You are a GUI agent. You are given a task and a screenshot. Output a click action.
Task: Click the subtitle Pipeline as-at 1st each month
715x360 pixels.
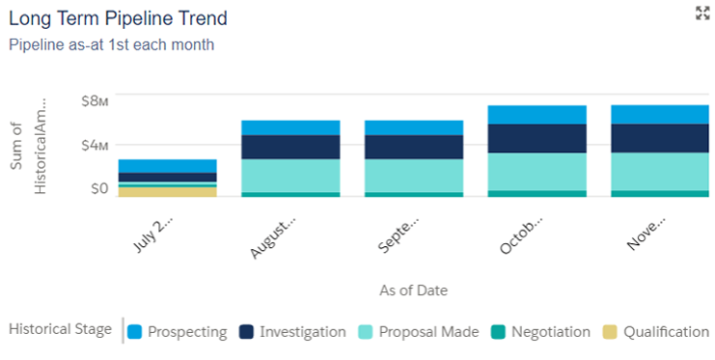[x=111, y=44]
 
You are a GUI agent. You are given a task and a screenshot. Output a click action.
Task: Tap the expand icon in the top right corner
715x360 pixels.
[x=701, y=13]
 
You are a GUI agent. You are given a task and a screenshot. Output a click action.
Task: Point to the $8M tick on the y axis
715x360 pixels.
[x=93, y=99]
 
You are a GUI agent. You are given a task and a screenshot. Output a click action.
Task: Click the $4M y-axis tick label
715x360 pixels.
[x=93, y=145]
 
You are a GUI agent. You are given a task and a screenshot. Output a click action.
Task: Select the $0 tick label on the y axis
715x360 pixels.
[x=98, y=189]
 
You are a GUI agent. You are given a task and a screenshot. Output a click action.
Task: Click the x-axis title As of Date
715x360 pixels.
[x=414, y=290]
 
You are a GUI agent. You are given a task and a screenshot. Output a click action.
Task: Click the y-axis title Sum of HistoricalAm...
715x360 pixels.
[x=28, y=145]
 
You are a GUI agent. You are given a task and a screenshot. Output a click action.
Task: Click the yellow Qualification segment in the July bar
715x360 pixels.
[x=167, y=191]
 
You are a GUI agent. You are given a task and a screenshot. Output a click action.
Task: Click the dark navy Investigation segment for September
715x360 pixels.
[x=414, y=147]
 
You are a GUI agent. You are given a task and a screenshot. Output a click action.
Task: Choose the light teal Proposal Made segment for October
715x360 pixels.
[x=537, y=171]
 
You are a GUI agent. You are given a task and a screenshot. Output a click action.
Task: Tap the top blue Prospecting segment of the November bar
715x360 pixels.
[x=660, y=114]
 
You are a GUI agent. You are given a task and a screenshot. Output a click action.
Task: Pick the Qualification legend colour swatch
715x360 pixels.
[x=610, y=332]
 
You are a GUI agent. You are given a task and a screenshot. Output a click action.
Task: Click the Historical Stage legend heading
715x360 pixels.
[x=60, y=330]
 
